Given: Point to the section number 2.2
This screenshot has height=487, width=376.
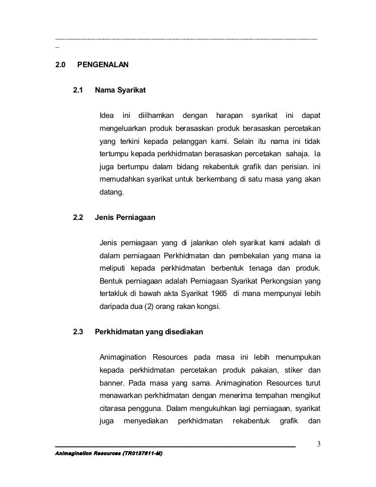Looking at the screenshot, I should (78, 217).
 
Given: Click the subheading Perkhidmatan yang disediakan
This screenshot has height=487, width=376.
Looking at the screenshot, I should (149, 333).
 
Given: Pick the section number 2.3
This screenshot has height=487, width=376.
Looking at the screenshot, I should (78, 333).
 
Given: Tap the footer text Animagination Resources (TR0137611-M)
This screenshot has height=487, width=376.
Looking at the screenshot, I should (109, 454).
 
